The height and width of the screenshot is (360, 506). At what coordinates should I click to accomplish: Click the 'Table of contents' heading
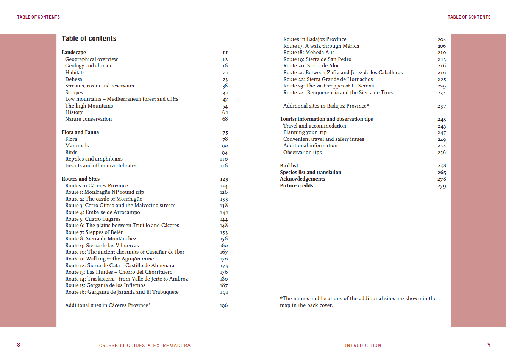click(89, 39)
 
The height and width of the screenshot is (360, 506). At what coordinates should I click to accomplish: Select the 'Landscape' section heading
click(74, 52)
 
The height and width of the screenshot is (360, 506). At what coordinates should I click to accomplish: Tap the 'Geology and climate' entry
click(89, 65)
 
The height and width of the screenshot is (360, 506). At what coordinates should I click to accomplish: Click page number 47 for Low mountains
click(225, 100)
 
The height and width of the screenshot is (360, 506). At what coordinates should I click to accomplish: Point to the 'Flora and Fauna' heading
click(80, 132)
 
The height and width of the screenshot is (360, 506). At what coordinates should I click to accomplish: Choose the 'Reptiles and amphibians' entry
click(94, 159)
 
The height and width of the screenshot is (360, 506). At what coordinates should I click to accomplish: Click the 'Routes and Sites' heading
click(81, 179)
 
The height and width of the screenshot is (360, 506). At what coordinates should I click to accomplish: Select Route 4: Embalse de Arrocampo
click(103, 212)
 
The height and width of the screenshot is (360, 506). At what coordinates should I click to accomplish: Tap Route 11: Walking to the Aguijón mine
click(109, 259)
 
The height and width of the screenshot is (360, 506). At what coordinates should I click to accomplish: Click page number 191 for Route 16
click(224, 292)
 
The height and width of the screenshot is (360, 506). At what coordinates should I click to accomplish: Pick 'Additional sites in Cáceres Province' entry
click(108, 305)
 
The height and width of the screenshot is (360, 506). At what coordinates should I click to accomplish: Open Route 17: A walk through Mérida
click(321, 46)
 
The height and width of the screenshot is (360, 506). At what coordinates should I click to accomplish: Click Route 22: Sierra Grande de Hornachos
click(328, 79)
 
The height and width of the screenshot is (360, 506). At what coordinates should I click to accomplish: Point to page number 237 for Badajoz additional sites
click(442, 106)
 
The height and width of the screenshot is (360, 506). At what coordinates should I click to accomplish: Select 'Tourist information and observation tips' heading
click(326, 119)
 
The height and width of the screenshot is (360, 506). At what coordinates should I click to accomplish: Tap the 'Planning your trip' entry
click(305, 132)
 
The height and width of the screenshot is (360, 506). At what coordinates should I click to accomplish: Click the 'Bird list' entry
click(289, 165)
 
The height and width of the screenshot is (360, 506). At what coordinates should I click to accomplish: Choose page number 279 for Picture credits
click(442, 186)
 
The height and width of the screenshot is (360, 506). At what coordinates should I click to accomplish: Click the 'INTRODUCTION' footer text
click(363, 345)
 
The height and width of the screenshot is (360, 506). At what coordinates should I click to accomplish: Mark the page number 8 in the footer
click(19, 345)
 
